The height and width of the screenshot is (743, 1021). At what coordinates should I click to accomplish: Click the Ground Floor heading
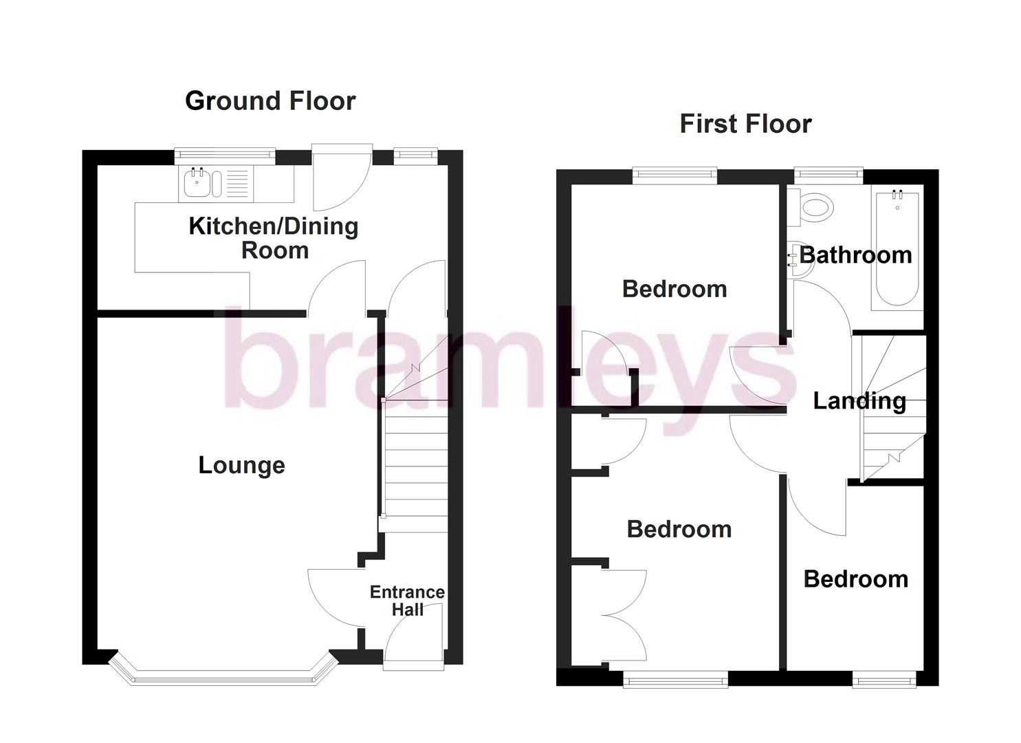point(270,101)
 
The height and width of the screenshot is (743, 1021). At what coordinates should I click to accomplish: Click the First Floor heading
point(745,124)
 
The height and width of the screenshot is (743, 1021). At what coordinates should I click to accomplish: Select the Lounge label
point(241,465)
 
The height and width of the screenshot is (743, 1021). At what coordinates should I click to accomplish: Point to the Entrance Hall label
point(407,601)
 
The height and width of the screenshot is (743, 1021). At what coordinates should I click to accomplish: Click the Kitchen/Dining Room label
point(274,237)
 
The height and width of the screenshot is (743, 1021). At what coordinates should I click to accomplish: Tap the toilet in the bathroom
point(815,206)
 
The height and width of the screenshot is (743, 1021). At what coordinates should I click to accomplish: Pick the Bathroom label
point(856,255)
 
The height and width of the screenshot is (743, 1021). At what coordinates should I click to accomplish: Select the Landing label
point(859,400)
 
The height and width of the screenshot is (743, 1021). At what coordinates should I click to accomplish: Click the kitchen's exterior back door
point(342,177)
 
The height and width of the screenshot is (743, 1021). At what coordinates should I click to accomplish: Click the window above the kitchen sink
point(225,155)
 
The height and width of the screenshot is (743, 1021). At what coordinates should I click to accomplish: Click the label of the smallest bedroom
point(855,579)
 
